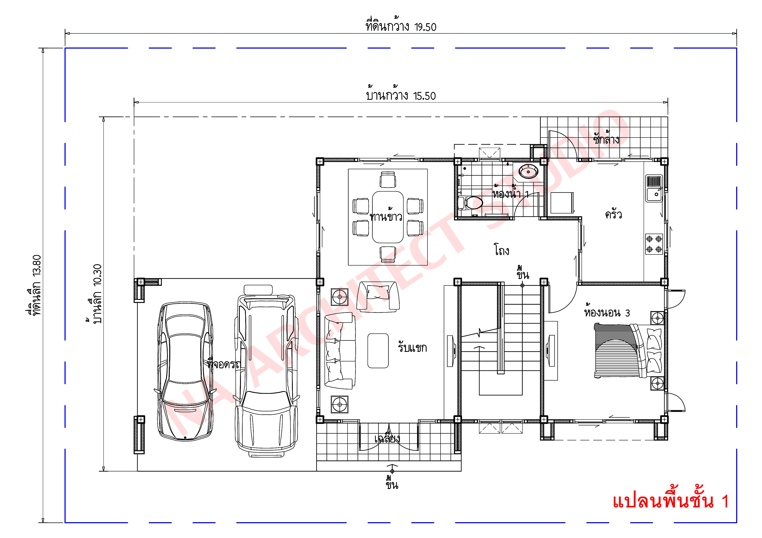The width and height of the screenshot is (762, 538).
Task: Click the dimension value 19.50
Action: (x=425, y=27)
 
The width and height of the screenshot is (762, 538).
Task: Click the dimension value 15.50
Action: (x=424, y=96)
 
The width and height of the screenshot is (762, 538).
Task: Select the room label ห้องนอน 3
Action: (x=607, y=313)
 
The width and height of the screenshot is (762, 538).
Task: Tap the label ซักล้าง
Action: (x=606, y=139)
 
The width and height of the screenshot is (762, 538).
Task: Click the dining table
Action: (x=388, y=217)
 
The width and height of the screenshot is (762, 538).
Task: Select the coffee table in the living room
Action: (x=378, y=350)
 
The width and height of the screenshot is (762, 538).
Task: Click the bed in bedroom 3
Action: (x=627, y=351)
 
